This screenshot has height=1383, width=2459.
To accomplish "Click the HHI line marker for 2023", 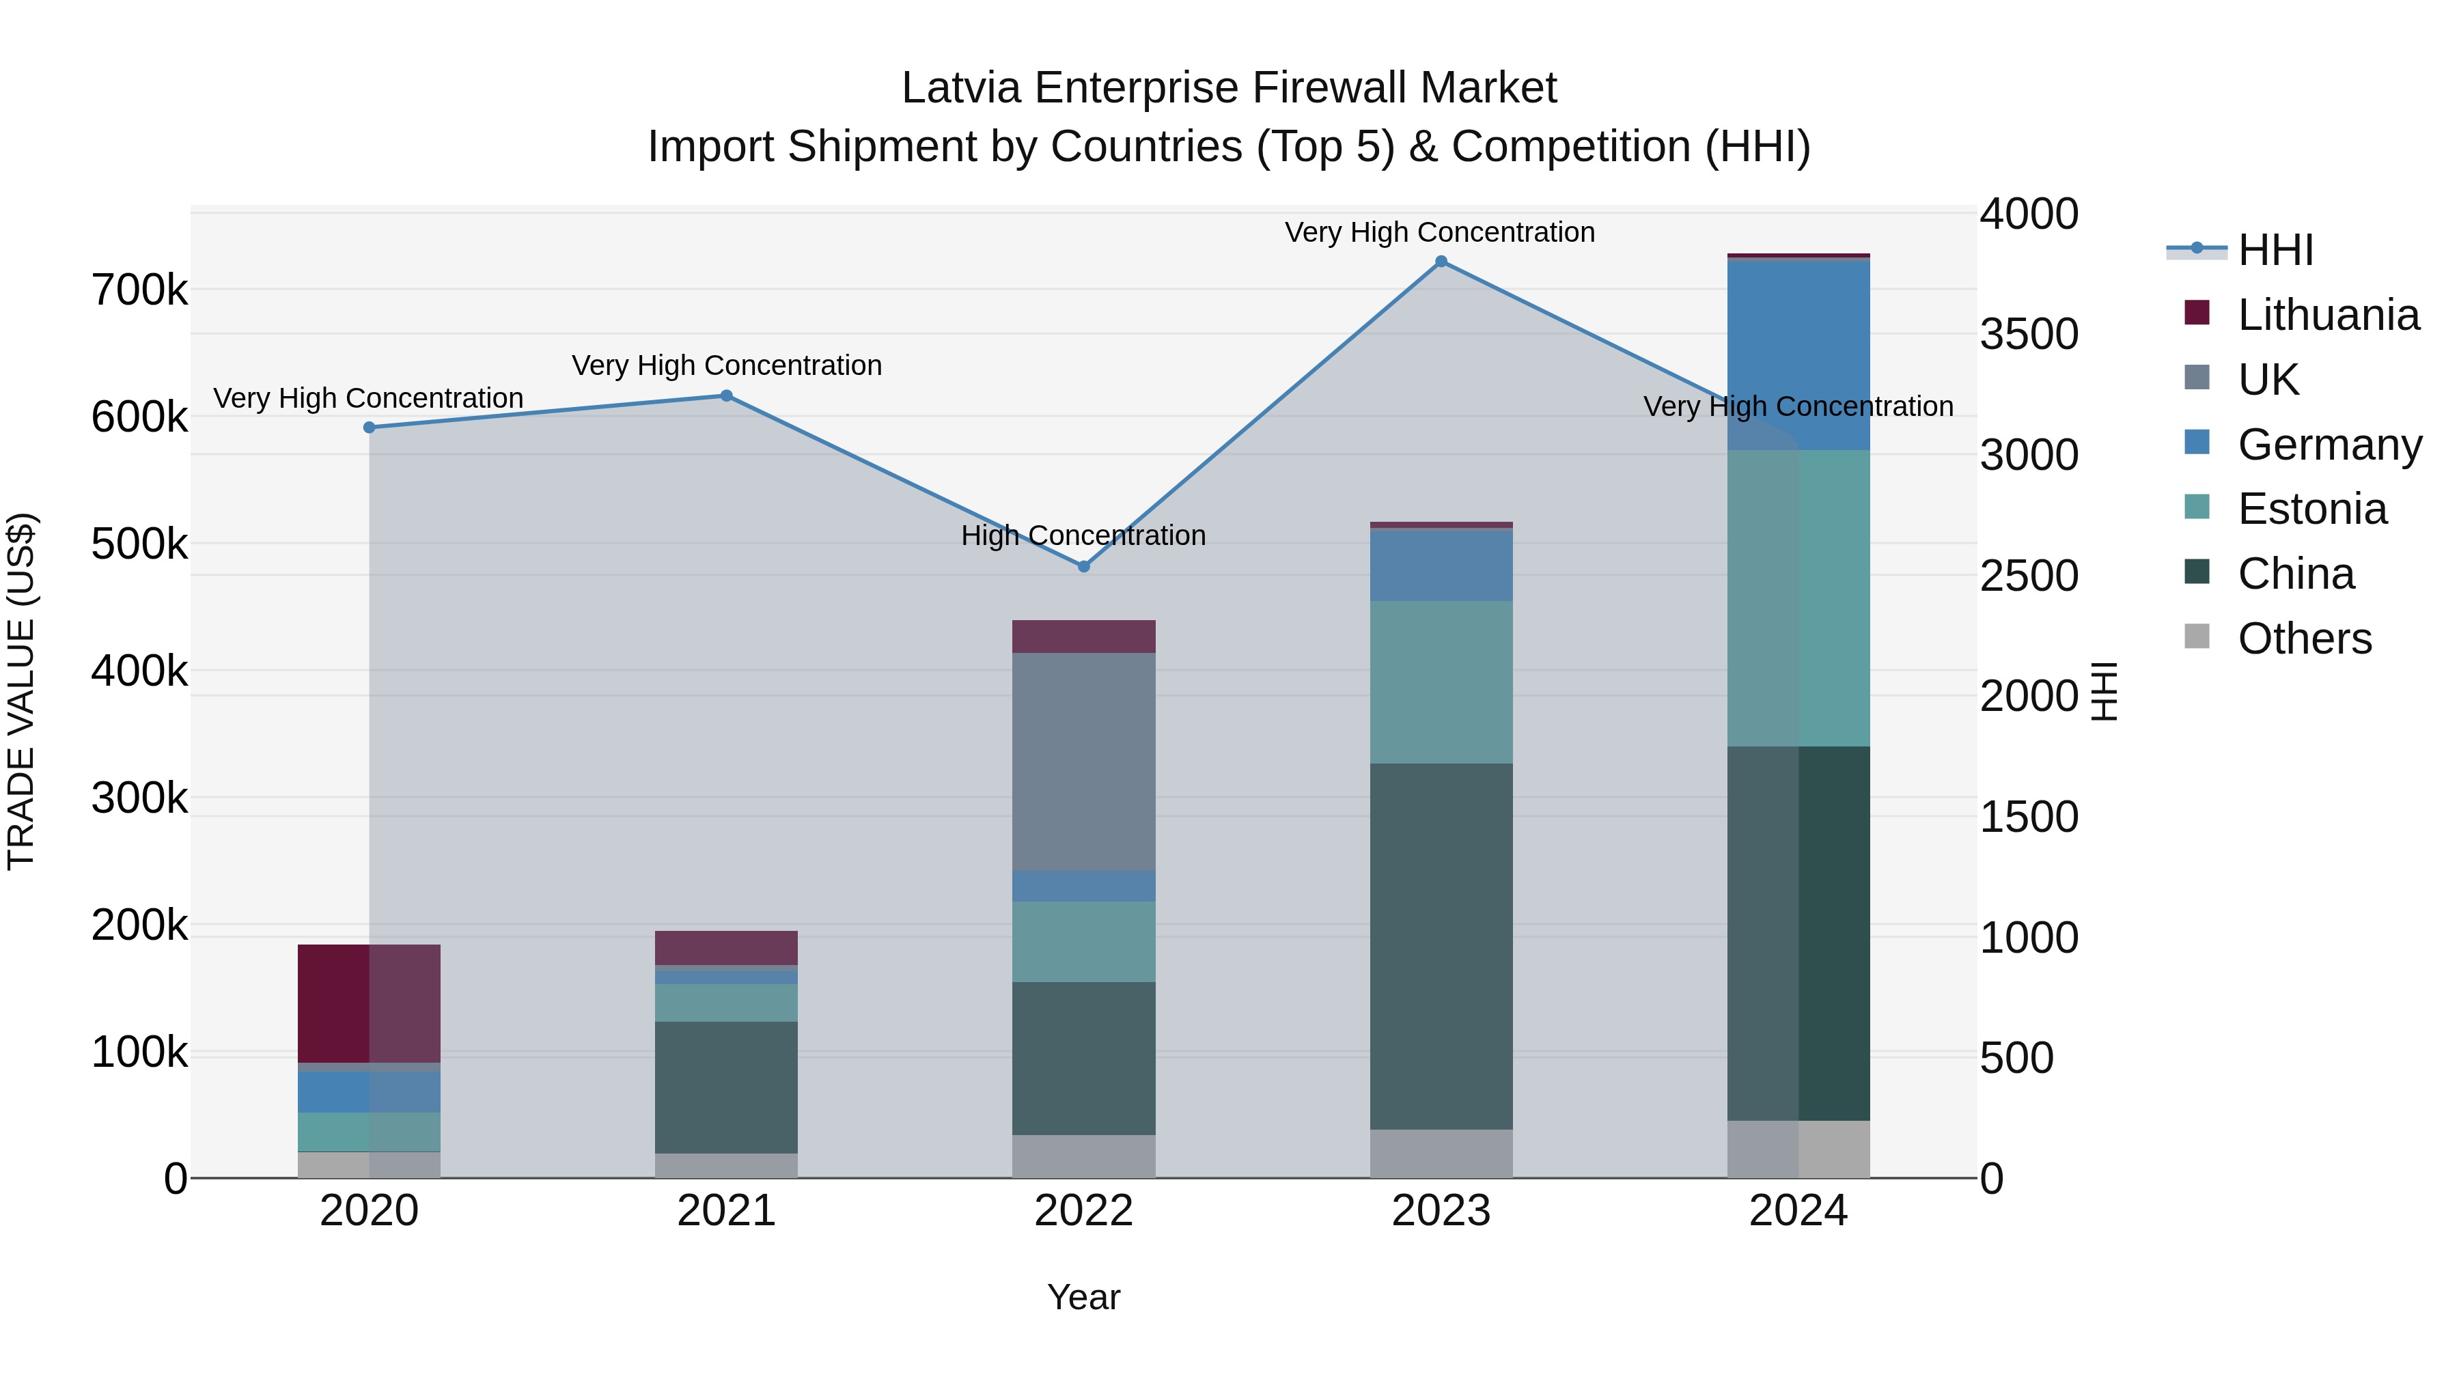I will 1441,262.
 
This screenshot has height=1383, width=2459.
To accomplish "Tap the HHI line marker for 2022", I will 1083,567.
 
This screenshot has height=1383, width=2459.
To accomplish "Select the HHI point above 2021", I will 727,396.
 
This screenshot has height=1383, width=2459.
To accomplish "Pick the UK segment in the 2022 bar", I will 1083,762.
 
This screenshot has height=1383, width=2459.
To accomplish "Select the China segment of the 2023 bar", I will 1441,946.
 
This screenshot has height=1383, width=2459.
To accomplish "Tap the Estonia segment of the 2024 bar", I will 1798,598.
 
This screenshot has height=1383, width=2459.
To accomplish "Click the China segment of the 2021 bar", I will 727,1087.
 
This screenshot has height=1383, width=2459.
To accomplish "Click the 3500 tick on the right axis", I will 2029,334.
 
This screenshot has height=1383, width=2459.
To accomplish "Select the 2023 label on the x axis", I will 1441,1211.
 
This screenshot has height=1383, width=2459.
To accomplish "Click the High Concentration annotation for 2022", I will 1083,535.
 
